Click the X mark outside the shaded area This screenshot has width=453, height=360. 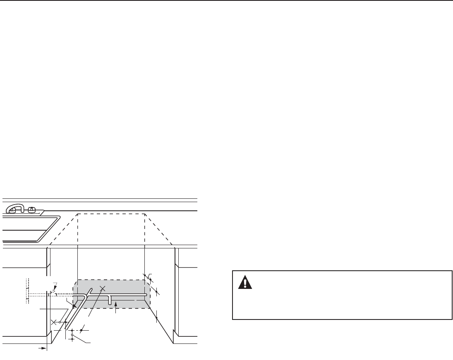point(53,322)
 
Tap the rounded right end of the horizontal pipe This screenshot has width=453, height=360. point(146,295)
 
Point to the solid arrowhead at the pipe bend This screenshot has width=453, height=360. point(74,307)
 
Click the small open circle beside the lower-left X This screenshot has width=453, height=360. point(60,322)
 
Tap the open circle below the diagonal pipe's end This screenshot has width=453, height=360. point(72,335)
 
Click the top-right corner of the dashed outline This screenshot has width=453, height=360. point(144,214)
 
